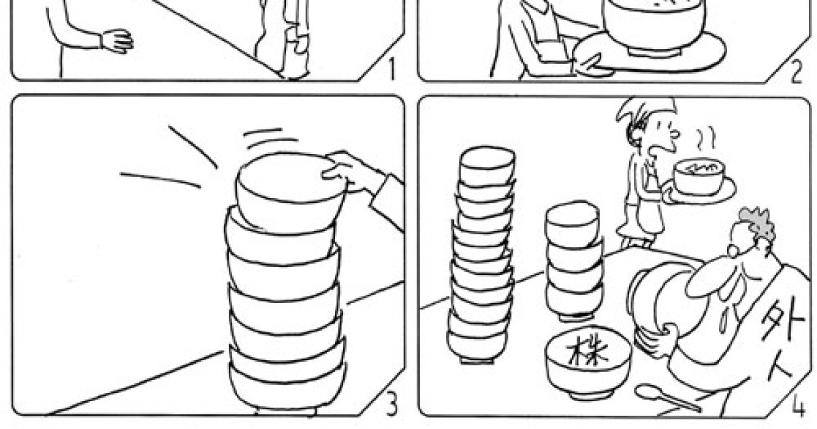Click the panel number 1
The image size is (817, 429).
click(x=391, y=69)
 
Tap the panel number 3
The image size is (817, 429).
click(x=391, y=404)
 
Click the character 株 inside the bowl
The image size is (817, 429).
click(x=587, y=351)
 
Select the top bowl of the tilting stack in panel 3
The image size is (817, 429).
click(x=291, y=193)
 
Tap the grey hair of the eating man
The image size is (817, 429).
click(x=757, y=223)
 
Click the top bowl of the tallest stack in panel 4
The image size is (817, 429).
click(x=487, y=166)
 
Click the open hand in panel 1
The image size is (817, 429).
click(x=117, y=41)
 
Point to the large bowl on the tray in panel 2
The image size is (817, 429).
click(x=654, y=26)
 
